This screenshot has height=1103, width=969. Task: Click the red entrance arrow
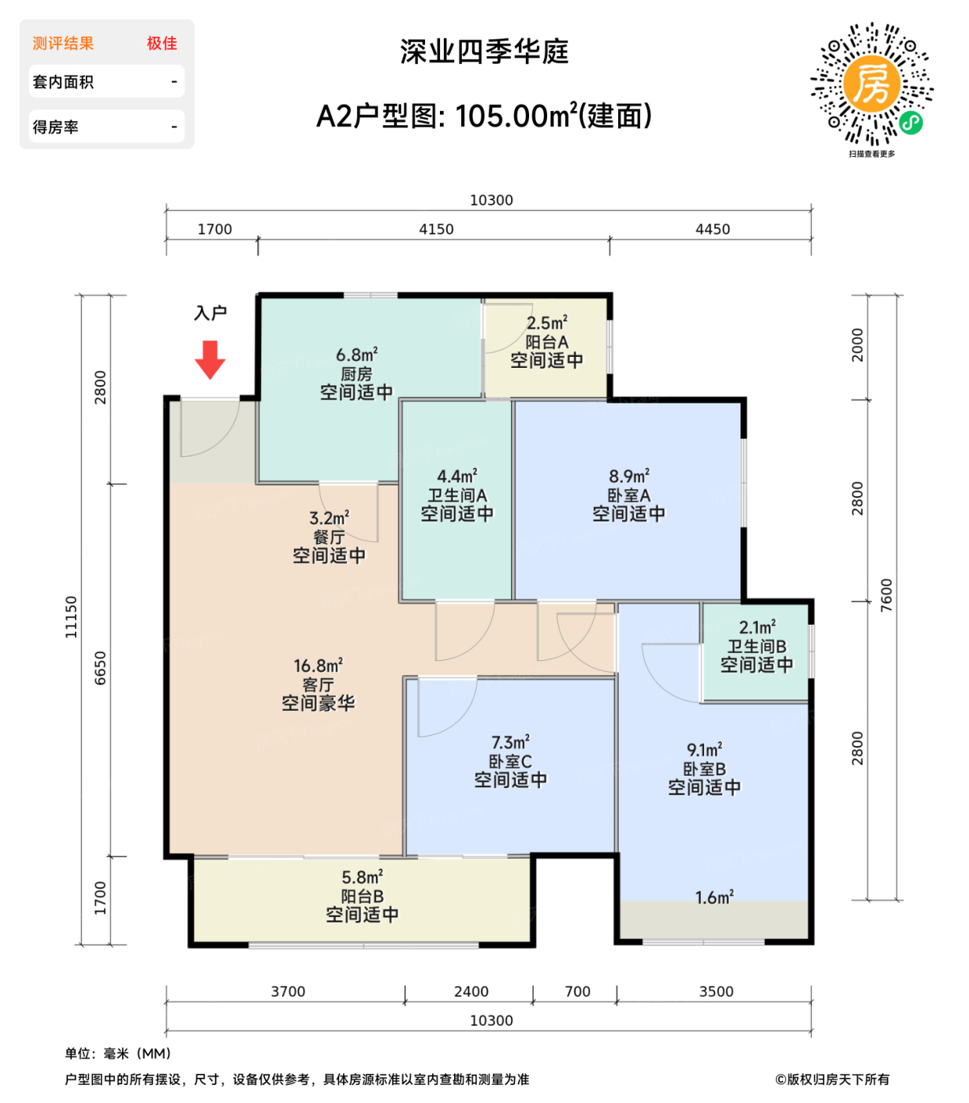210,359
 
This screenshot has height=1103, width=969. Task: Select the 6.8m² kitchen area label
356,355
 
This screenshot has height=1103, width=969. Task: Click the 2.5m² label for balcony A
546,323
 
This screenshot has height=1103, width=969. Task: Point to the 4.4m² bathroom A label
457,477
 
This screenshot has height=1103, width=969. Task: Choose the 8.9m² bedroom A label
628,477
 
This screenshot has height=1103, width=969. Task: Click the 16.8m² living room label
318,667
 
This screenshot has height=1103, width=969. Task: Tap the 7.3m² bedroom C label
510,743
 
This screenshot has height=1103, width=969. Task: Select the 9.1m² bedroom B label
704,750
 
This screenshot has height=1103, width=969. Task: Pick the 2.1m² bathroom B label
756,628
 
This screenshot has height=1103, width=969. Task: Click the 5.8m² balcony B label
362,878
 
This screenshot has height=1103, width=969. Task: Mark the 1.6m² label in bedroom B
714,897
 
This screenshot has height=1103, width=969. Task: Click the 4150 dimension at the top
436,229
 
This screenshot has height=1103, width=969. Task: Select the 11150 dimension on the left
72,617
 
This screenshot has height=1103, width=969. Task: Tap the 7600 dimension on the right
886,595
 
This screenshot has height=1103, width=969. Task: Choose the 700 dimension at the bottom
577,992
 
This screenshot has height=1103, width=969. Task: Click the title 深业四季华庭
484,52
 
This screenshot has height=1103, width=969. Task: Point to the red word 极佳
162,43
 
